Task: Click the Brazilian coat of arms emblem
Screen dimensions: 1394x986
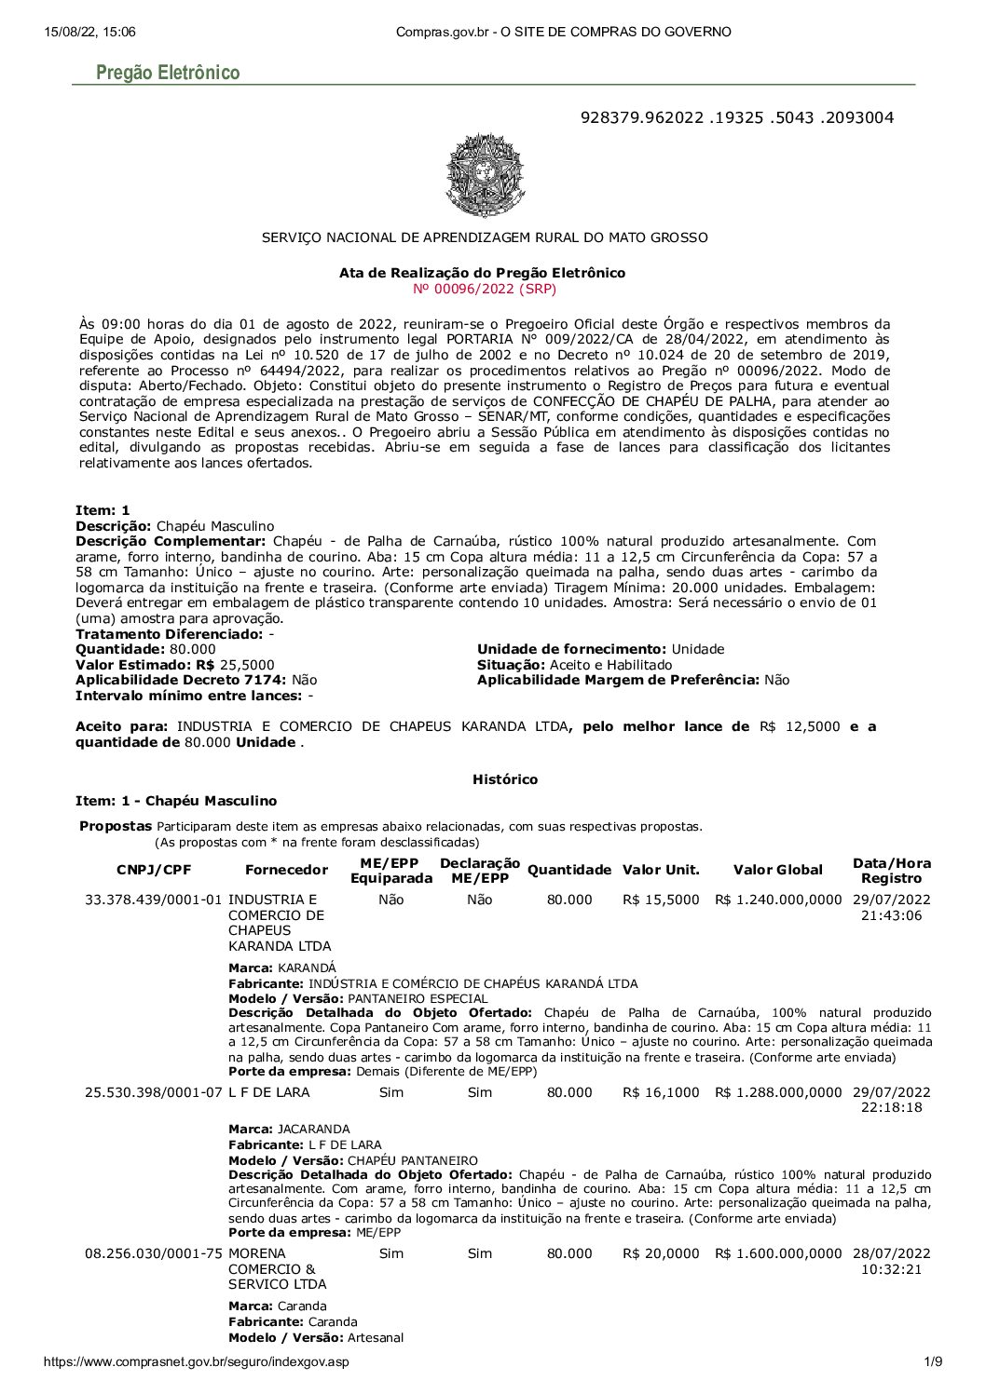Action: pyautogui.click(x=483, y=174)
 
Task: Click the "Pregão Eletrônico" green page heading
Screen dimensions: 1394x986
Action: pyautogui.click(x=168, y=73)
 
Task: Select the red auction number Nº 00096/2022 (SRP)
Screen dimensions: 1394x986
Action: pyautogui.click(x=484, y=289)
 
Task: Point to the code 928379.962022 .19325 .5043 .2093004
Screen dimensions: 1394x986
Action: pyautogui.click(x=736, y=117)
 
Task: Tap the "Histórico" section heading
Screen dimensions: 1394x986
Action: pyautogui.click(x=504, y=779)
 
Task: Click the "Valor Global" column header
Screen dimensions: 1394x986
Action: pyautogui.click(x=777, y=870)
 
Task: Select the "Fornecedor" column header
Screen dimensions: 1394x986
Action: pyautogui.click(x=286, y=870)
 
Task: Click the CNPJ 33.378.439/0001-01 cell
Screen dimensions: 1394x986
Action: pyautogui.click(x=154, y=900)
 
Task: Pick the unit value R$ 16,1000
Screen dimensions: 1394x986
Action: pyautogui.click(x=661, y=1092)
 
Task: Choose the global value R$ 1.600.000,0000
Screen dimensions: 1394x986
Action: pyautogui.click(x=778, y=1253)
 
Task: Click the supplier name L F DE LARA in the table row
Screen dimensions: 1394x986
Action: pyautogui.click(x=269, y=1092)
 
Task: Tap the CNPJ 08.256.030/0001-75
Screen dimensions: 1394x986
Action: pyautogui.click(x=154, y=1253)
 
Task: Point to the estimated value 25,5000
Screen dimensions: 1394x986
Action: pyautogui.click(x=247, y=665)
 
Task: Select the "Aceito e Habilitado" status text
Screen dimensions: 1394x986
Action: pyautogui.click(x=610, y=665)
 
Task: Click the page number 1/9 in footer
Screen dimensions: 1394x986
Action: pyautogui.click(x=932, y=1361)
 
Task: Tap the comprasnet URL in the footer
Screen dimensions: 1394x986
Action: pyautogui.click(x=197, y=1361)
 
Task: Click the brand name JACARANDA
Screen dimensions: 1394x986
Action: pyautogui.click(x=313, y=1129)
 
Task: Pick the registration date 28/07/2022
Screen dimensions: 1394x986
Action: pyautogui.click(x=891, y=1253)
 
